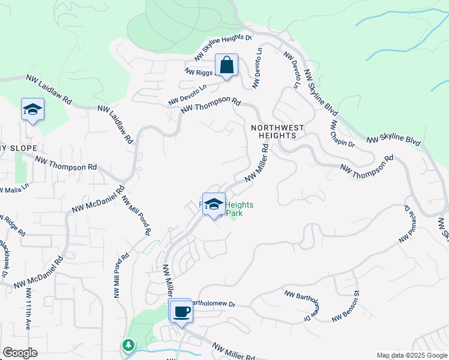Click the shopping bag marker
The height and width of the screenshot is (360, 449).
click(x=226, y=65)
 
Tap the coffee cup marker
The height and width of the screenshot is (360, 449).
click(x=181, y=311)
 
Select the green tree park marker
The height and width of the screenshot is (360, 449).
click(x=127, y=345)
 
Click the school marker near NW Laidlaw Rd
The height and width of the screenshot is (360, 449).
click(x=32, y=110)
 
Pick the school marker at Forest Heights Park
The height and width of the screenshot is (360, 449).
click(x=214, y=204)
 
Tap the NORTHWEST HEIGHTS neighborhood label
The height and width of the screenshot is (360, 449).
click(x=277, y=132)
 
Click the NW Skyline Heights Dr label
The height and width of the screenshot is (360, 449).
click(x=223, y=47)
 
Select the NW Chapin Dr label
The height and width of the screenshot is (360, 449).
click(x=343, y=134)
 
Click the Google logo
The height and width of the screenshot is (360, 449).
click(x=20, y=353)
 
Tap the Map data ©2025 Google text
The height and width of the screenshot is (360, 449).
click(x=411, y=355)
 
